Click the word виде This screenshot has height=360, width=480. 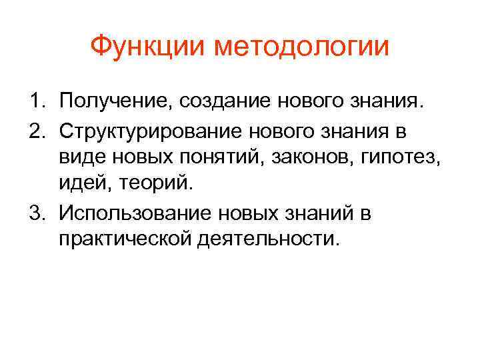(79, 158)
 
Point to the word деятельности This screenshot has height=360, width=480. (267, 240)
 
